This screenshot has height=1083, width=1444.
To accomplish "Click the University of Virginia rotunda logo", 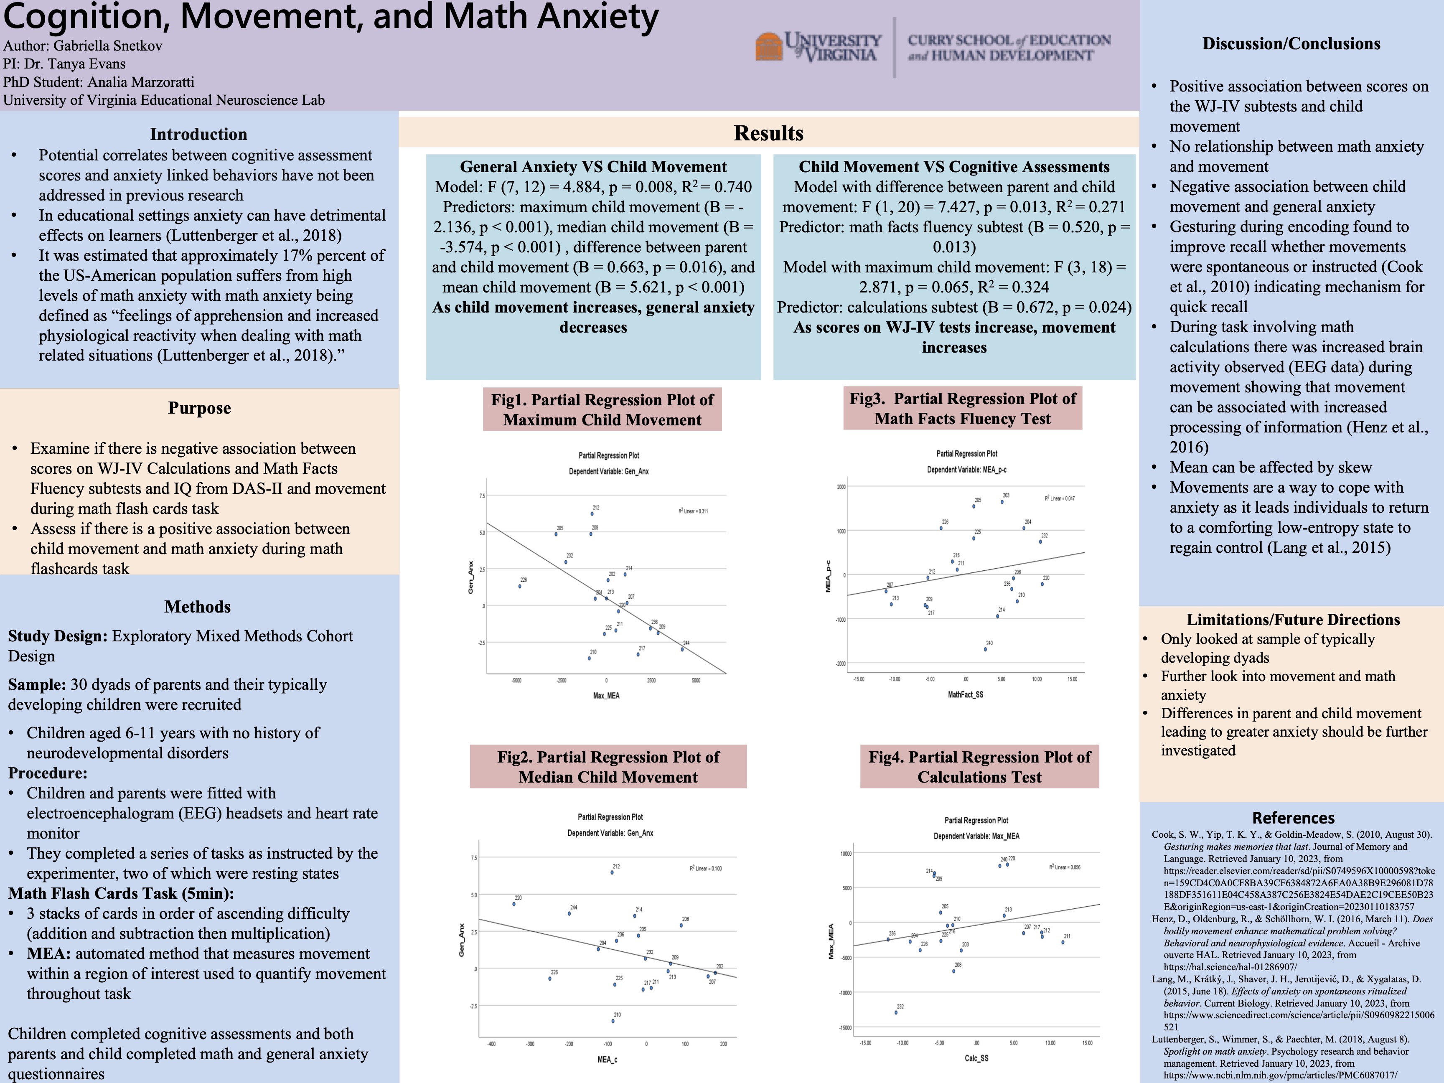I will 769,46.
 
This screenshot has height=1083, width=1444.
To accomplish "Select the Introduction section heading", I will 198,135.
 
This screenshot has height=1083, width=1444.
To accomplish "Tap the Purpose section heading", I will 199,408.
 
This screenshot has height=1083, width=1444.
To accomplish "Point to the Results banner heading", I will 768,133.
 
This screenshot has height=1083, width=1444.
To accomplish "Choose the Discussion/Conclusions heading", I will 1291,44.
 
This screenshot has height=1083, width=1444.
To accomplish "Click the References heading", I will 1293,818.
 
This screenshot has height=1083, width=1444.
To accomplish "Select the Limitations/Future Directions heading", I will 1293,620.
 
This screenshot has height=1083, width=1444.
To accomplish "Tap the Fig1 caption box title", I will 602,410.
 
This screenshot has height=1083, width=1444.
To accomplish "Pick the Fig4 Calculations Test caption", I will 979,767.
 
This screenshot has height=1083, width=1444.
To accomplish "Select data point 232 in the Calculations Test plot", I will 896,1012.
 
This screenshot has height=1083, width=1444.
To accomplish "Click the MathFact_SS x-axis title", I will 966,694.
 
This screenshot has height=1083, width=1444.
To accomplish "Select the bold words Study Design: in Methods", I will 57,636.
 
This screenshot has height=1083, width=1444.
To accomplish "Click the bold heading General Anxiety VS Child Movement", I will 593,167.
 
